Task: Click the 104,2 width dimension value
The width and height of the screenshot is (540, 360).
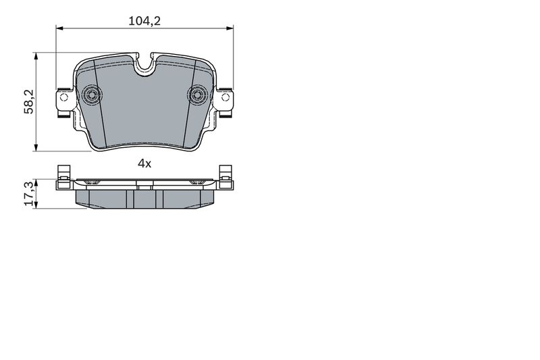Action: [x=144, y=21]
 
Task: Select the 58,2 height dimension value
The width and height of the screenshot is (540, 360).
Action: [x=28, y=101]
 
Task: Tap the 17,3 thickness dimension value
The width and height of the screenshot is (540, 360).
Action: [x=29, y=193]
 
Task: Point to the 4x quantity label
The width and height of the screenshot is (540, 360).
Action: [x=144, y=163]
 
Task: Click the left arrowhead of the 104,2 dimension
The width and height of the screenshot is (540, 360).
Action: [x=59, y=28]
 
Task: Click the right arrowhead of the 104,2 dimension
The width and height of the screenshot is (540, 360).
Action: [x=230, y=28]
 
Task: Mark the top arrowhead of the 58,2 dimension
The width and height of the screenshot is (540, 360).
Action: [x=36, y=57]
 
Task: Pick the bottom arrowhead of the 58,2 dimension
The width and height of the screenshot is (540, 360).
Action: [x=36, y=147]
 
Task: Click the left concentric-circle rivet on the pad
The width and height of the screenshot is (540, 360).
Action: [x=92, y=94]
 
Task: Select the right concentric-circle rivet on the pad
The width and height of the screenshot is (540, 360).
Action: [x=197, y=94]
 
